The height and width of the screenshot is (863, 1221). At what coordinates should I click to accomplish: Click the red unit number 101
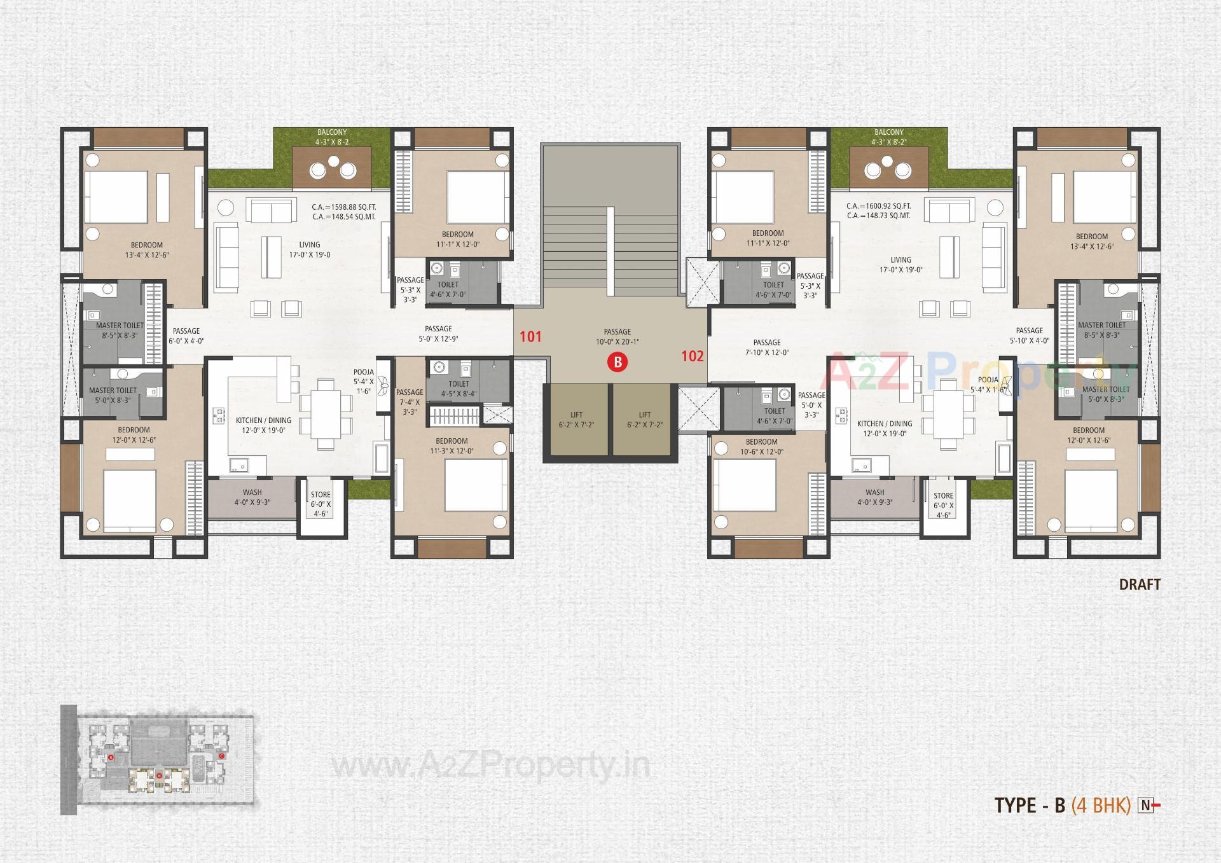(530, 336)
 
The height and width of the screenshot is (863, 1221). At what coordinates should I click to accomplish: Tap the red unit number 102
(693, 356)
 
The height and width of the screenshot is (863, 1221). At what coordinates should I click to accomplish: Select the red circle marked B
(617, 362)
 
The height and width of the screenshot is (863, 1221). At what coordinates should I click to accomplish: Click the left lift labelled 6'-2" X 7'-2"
(576, 420)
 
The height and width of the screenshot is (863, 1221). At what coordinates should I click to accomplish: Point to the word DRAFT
(1140, 584)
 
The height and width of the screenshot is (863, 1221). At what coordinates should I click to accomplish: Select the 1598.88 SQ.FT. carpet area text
(344, 207)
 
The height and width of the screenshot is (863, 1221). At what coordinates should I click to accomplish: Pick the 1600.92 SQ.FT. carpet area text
(878, 206)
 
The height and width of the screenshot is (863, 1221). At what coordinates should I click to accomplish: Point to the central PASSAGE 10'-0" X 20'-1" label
(617, 336)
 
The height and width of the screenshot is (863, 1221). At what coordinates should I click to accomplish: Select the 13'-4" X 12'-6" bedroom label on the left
(147, 250)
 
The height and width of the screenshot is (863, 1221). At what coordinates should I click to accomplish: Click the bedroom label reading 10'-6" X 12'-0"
(761, 446)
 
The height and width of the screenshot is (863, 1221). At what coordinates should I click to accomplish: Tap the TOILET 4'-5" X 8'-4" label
(459, 389)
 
